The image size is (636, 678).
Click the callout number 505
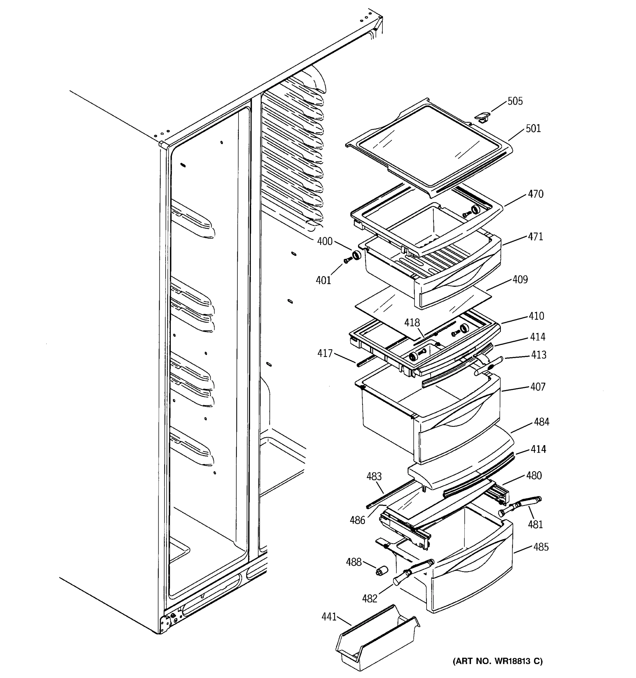[x=515, y=101]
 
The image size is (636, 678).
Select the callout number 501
[x=533, y=129]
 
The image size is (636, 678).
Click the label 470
[x=535, y=194]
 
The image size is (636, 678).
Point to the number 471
[x=535, y=237]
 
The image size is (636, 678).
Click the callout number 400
[x=325, y=242]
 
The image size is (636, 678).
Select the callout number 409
[x=520, y=280]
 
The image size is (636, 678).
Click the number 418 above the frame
[x=412, y=323]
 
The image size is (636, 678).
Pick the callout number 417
[x=325, y=353]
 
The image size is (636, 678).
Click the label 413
[x=538, y=355]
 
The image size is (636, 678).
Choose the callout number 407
[x=538, y=387]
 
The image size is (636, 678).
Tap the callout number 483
[x=374, y=477]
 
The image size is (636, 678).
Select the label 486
[x=357, y=520]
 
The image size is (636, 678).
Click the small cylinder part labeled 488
[x=380, y=570]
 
